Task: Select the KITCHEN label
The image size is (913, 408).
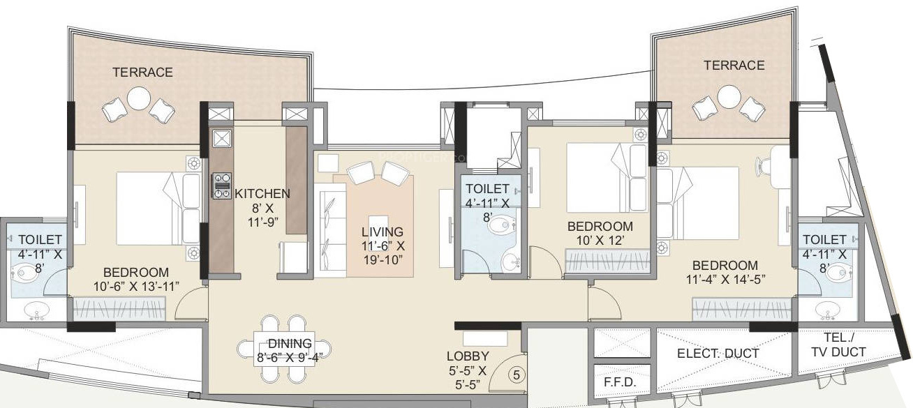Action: coord(262,193)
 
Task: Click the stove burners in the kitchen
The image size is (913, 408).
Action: coord(222,186)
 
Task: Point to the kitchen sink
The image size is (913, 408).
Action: coord(222,138)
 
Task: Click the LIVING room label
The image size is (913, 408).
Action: coord(382,232)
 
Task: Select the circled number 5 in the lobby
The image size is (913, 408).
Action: coord(517,375)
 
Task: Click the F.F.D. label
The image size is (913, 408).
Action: coord(618,383)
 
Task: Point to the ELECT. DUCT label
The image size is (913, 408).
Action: coord(718,354)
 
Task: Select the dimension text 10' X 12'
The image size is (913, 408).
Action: coord(600,241)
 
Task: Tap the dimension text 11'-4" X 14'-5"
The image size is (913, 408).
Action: coord(725,280)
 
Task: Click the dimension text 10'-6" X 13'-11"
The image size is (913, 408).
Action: coord(136,286)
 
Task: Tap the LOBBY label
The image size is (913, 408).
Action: coord(468,356)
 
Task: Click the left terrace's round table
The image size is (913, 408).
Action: coord(139,98)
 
